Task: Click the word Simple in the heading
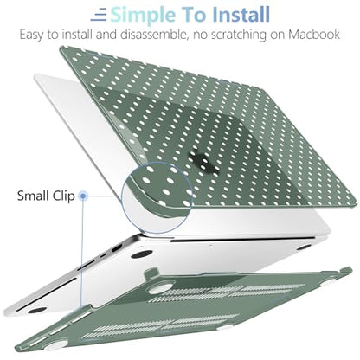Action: (143, 15)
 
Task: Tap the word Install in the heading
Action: (241, 15)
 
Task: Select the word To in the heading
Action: (194, 15)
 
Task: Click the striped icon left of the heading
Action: (99, 15)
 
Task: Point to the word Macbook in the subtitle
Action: (314, 35)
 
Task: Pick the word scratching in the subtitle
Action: (239, 35)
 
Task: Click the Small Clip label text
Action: (46, 196)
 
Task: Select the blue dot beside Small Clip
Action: (83, 196)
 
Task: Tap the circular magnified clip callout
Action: (157, 197)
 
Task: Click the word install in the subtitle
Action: (77, 35)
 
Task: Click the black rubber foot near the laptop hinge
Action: (141, 254)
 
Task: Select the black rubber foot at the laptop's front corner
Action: (37, 310)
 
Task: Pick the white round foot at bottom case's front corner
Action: (56, 345)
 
